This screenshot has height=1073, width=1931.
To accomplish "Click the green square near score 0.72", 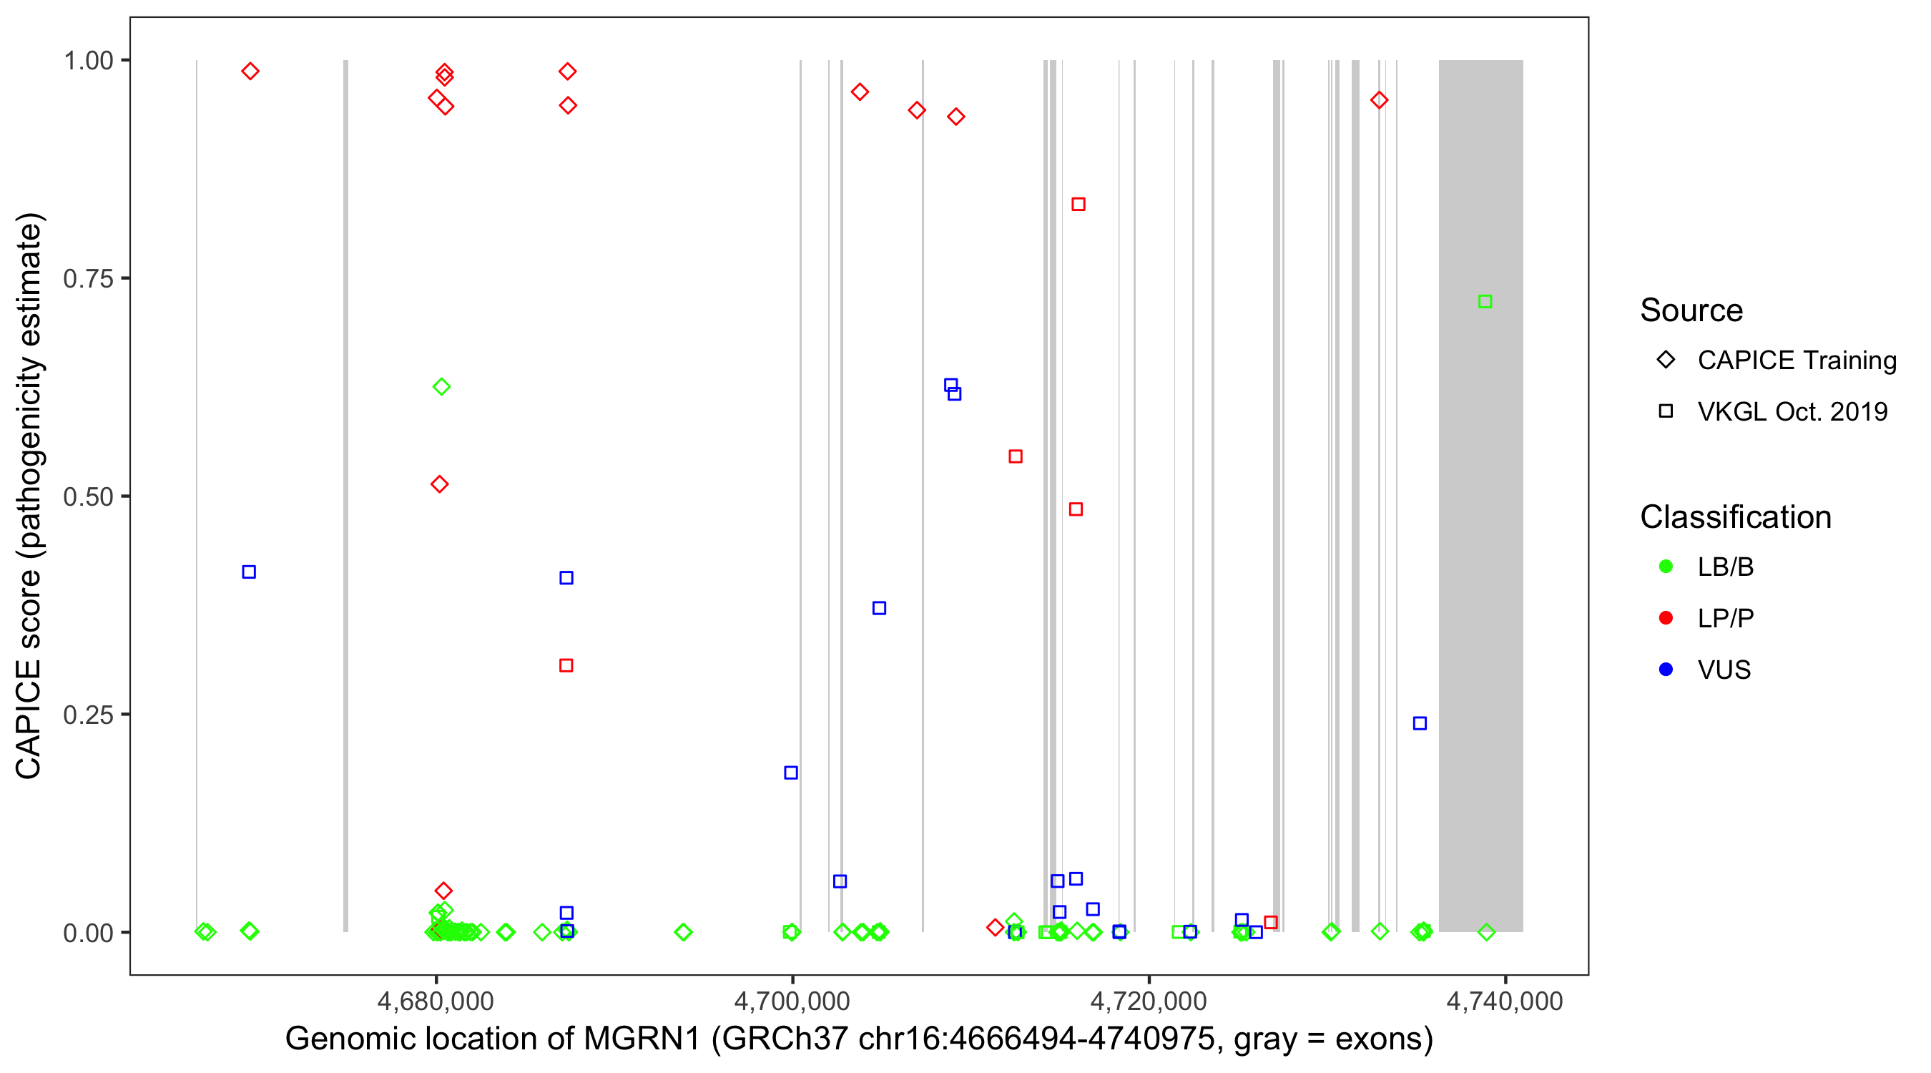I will tap(1484, 301).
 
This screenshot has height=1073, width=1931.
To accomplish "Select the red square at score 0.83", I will tap(1078, 204).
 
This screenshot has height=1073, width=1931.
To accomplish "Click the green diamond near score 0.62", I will tap(441, 387).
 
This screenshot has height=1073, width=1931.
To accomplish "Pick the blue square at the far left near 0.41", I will tap(249, 572).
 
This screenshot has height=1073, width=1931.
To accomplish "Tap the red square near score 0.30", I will tap(566, 665).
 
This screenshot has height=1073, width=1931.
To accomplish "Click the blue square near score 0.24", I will tap(1420, 724).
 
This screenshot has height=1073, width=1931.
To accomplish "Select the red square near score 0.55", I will tap(1015, 456).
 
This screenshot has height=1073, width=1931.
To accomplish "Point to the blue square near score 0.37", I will tap(879, 608).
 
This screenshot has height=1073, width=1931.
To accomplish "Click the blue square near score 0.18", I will tap(791, 773).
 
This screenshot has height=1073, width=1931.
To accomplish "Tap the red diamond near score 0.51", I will tap(440, 484).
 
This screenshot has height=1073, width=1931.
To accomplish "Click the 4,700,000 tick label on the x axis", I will tap(792, 1001).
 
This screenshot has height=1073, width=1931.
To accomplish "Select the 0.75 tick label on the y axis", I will tap(88, 279).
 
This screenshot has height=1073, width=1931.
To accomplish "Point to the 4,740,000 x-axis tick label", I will tap(1505, 1001).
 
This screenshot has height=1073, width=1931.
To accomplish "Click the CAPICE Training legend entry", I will tap(1796, 360).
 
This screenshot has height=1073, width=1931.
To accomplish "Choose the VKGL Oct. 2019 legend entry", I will tap(1792, 411).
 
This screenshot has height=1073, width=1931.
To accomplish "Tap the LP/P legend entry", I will tap(1725, 618).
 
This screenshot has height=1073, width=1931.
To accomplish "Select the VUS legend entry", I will tap(1724, 670).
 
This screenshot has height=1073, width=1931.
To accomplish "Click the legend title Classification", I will tap(1735, 517).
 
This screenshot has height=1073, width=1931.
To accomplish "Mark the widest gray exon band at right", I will tap(1480, 495).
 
